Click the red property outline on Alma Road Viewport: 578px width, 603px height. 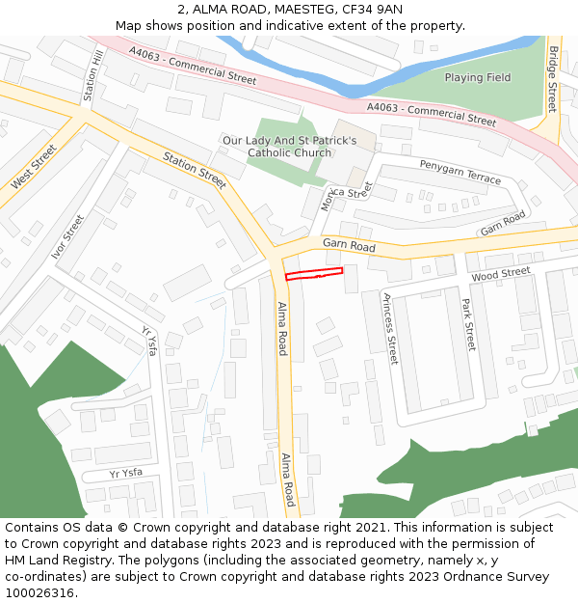pyautogui.click(x=314, y=274)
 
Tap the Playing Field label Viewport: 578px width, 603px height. pyautogui.click(x=477, y=77)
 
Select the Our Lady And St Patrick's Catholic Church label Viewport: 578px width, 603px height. pyautogui.click(x=289, y=147)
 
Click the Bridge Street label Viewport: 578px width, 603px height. pyautogui.click(x=552, y=79)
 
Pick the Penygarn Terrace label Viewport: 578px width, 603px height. pyautogui.click(x=460, y=172)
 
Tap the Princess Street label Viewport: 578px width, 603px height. pyautogui.click(x=390, y=328)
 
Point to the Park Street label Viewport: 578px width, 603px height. pyautogui.click(x=468, y=324)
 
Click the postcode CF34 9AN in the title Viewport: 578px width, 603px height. pyautogui.click(x=371, y=10)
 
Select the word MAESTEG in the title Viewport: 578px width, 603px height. pyautogui.click(x=285, y=10)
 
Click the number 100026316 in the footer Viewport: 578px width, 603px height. pyautogui.click(x=39, y=592)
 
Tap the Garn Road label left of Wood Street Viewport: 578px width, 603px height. pyautogui.click(x=349, y=246)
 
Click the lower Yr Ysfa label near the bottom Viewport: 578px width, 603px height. pyautogui.click(x=125, y=474)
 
